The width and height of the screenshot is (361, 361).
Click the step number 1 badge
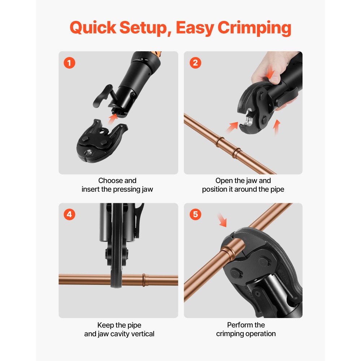(x=69, y=63)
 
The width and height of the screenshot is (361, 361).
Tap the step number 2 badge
(x=195, y=63)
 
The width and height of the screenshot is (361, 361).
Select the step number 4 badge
(x=69, y=214)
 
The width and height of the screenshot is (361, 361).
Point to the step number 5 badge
(x=195, y=214)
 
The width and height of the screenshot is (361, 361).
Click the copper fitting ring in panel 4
(x=145, y=280)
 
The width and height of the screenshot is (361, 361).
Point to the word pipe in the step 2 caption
(x=277, y=190)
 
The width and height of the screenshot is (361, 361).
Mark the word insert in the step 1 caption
(x=91, y=190)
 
